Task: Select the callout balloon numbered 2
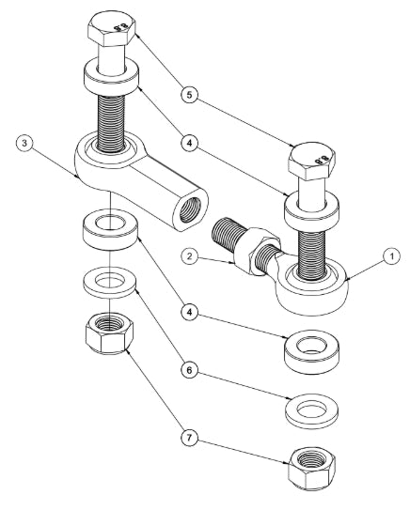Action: coord(190,256)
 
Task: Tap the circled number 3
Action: coord(24,144)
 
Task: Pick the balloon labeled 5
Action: coord(189,95)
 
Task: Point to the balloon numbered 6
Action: coord(189,370)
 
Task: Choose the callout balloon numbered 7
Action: coord(189,438)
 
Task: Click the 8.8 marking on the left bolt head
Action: coord(120,26)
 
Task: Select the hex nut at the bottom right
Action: coord(311,468)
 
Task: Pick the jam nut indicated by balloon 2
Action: coord(258,251)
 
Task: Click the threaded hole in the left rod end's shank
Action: coord(190,211)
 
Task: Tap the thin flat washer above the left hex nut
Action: coord(110,283)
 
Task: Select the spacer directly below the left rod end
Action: coord(110,229)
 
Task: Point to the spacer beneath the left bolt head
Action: coord(111,78)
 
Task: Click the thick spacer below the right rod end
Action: coord(311,352)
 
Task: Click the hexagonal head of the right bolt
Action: coord(312,162)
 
